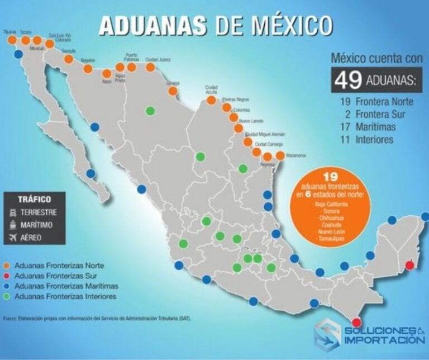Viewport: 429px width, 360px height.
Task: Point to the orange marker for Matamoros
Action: click(x=280, y=156)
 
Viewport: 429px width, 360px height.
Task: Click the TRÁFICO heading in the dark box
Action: click(x=34, y=199)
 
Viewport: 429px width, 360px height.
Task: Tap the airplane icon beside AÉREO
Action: click(x=13, y=238)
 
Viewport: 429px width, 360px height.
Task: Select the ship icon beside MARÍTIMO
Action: click(x=13, y=225)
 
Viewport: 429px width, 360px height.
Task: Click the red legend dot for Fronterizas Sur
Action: click(x=7, y=275)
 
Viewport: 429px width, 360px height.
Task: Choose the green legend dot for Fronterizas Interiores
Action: click(x=7, y=296)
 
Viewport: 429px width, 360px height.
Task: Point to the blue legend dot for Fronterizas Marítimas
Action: click(x=7, y=286)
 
